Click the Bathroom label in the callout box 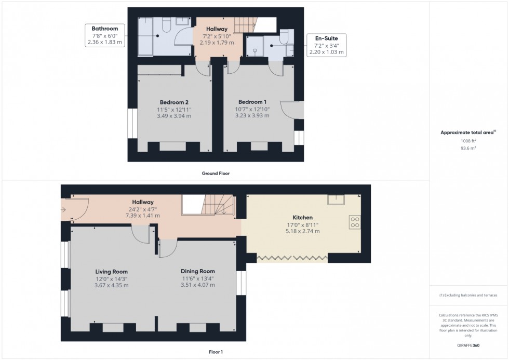(x=105, y=28)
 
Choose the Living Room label (x=111, y=272)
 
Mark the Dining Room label (x=197, y=271)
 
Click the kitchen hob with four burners (x=355, y=222)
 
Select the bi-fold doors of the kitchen (x=292, y=258)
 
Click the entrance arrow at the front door (x=63, y=210)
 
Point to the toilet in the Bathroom (x=166, y=24)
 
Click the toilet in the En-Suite (x=284, y=36)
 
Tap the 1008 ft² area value (x=469, y=141)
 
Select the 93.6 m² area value (x=469, y=148)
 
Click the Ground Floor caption (x=216, y=173)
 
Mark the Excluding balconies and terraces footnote (x=468, y=295)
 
